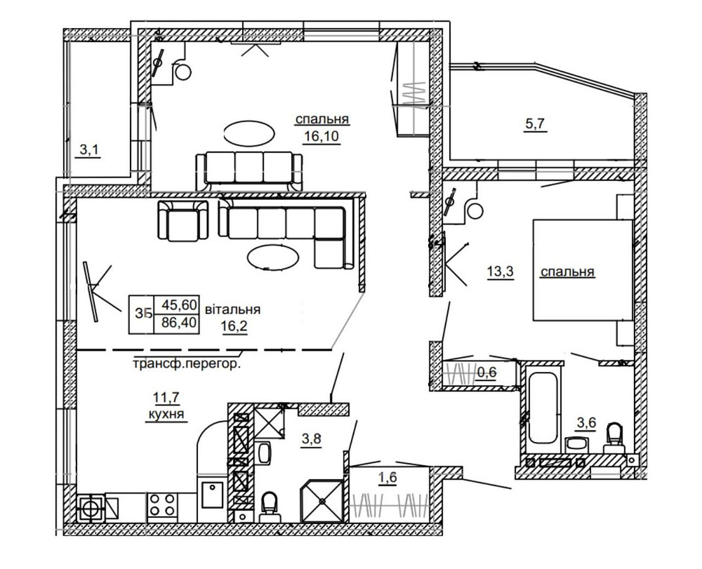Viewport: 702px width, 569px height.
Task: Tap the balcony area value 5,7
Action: (535, 125)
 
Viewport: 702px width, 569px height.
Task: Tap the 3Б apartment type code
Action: (145, 314)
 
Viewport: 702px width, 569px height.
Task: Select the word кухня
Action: (166, 415)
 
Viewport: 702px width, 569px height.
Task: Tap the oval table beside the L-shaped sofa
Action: (272, 257)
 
